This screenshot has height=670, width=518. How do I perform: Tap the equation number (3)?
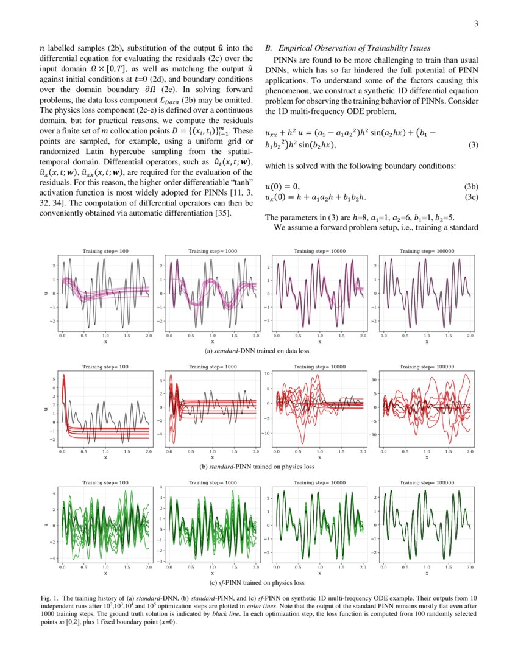point(472,145)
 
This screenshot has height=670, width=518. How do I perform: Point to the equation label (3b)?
point(470,186)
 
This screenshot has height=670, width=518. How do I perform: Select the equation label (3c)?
point(470,196)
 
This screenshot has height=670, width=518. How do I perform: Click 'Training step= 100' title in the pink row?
point(105,251)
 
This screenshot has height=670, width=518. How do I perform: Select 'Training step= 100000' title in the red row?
point(427,367)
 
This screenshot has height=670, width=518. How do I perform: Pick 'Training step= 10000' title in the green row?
point(319,482)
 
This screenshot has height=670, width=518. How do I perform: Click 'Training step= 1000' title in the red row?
point(212,367)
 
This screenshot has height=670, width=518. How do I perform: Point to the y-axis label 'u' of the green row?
point(46,525)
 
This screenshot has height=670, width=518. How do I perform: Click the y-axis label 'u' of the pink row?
point(46,293)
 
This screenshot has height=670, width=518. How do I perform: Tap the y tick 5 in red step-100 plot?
point(53,379)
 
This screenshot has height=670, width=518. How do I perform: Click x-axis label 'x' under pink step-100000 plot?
point(427,342)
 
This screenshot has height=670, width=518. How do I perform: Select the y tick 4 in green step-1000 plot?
point(160,488)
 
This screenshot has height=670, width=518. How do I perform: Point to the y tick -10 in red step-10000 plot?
point(266,433)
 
